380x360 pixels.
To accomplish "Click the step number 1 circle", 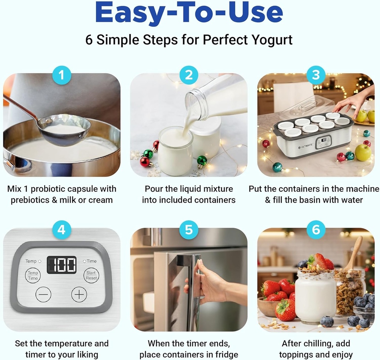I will click(x=62, y=75).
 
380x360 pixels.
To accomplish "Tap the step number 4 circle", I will click(x=62, y=230).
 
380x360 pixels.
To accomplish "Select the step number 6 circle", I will click(x=316, y=230).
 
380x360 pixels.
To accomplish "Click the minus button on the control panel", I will click(x=43, y=295).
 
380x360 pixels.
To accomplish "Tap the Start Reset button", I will click(x=91, y=275).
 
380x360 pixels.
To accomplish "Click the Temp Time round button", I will click(x=33, y=276).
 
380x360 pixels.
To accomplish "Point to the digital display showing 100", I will click(x=62, y=265).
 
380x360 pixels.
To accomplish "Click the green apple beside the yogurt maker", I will click(x=363, y=152).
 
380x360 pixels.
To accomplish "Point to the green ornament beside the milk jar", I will click(x=202, y=161).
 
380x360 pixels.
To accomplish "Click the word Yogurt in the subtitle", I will click(x=272, y=39).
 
